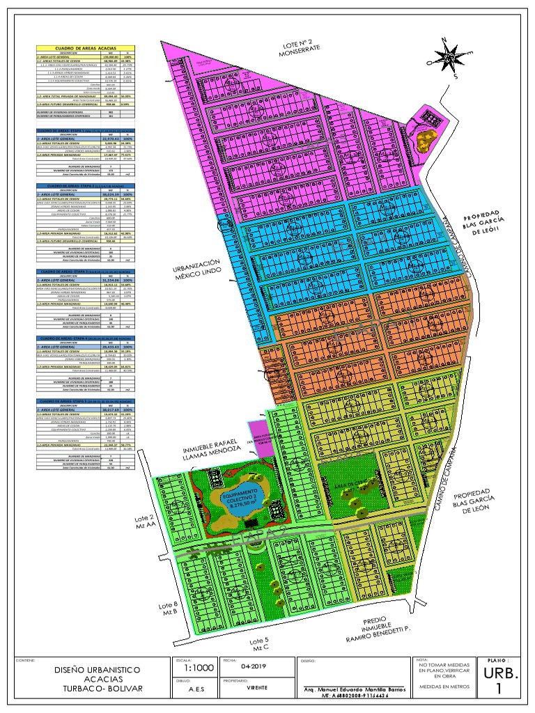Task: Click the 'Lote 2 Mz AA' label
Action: click(x=166, y=524)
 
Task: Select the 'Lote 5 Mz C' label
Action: click(x=258, y=644)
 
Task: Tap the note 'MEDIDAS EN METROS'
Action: click(x=444, y=687)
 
